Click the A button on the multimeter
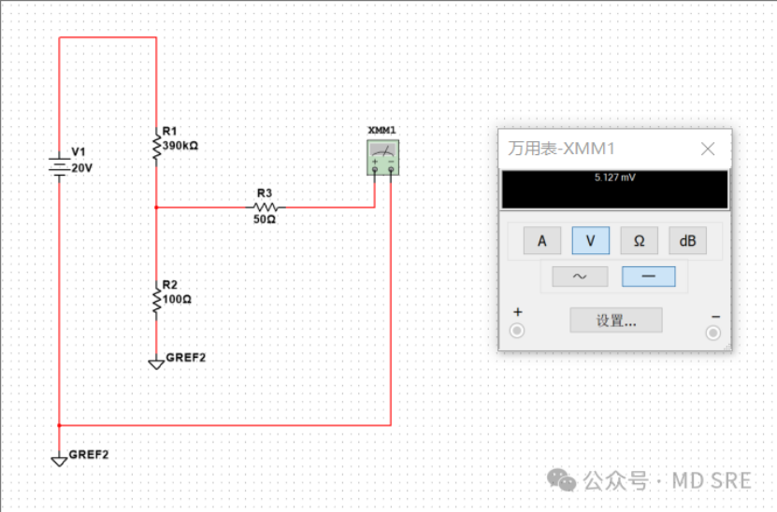click(542, 241)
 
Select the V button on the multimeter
click(591, 241)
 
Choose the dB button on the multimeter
click(687, 241)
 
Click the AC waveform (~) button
click(580, 277)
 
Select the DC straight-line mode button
click(648, 277)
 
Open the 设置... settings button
click(616, 320)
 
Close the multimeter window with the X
click(708, 149)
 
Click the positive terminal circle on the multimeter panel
click(517, 331)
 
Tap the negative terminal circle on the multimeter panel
click(713, 332)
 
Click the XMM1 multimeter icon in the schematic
click(381, 157)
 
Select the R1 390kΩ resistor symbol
click(156, 146)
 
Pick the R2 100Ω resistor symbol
click(156, 300)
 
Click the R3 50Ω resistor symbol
click(266, 206)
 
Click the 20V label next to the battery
click(82, 168)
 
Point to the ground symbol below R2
click(156, 363)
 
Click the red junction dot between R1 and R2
click(156, 207)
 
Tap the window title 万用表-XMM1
click(561, 149)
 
